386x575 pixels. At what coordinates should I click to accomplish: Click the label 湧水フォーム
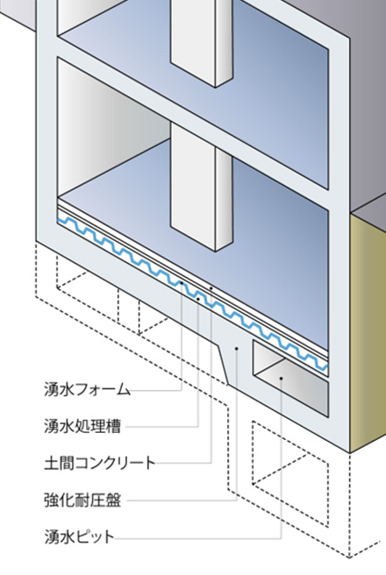point(88,389)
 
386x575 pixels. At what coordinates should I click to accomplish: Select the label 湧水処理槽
point(82,426)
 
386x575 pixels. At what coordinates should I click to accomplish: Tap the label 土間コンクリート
point(100,463)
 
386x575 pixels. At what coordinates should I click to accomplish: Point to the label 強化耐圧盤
point(82,500)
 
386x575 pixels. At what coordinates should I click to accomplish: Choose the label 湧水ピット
point(79,536)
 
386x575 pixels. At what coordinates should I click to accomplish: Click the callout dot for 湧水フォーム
point(182,283)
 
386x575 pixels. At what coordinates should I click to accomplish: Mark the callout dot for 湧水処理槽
point(198,299)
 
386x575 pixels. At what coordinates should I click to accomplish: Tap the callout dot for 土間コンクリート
point(211,288)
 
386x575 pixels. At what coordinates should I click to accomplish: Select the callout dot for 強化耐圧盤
point(237,348)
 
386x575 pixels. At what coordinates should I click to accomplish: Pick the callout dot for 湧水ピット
point(282,378)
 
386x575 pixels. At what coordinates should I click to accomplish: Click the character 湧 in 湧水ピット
point(52,536)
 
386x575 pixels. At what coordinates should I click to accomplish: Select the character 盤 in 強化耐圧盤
point(113,500)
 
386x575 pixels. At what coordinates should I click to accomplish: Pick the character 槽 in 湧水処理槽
point(113,426)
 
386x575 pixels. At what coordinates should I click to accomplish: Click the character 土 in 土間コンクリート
point(52,463)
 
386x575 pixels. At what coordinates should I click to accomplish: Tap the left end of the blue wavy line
point(58,219)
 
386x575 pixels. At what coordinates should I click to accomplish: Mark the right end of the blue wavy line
point(327,366)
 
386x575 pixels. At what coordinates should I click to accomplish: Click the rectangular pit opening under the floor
point(289,378)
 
